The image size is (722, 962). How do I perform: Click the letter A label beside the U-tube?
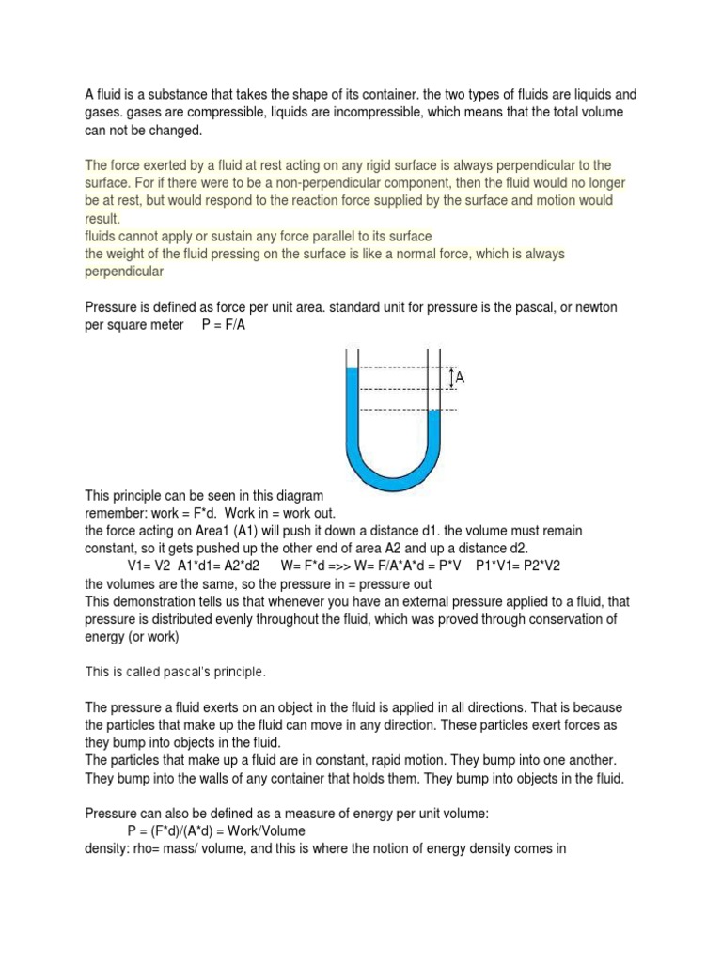(x=462, y=378)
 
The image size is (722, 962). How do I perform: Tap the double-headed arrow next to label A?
(x=451, y=378)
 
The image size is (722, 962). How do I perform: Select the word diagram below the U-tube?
(x=298, y=495)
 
